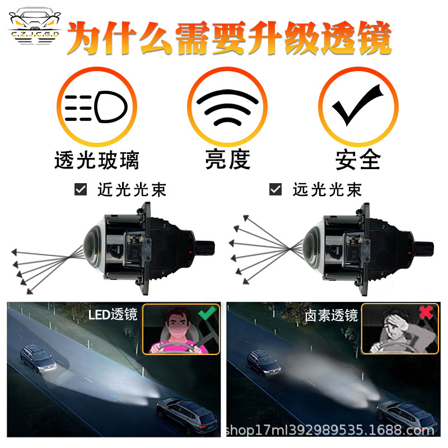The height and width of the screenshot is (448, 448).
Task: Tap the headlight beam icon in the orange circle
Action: (x=96, y=105)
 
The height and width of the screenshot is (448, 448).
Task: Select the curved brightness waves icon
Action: (x=227, y=106)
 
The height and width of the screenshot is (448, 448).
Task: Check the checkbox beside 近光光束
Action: (x=81, y=190)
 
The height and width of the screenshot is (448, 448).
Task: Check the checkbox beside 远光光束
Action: (x=275, y=190)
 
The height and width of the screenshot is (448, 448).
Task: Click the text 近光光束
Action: (x=132, y=190)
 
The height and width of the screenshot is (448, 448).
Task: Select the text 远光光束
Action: (x=327, y=190)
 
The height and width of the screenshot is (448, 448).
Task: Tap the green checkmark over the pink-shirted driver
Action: (x=207, y=312)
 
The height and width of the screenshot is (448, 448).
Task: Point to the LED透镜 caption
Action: (x=113, y=315)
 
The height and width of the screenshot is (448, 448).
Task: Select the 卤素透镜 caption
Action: (x=331, y=315)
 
